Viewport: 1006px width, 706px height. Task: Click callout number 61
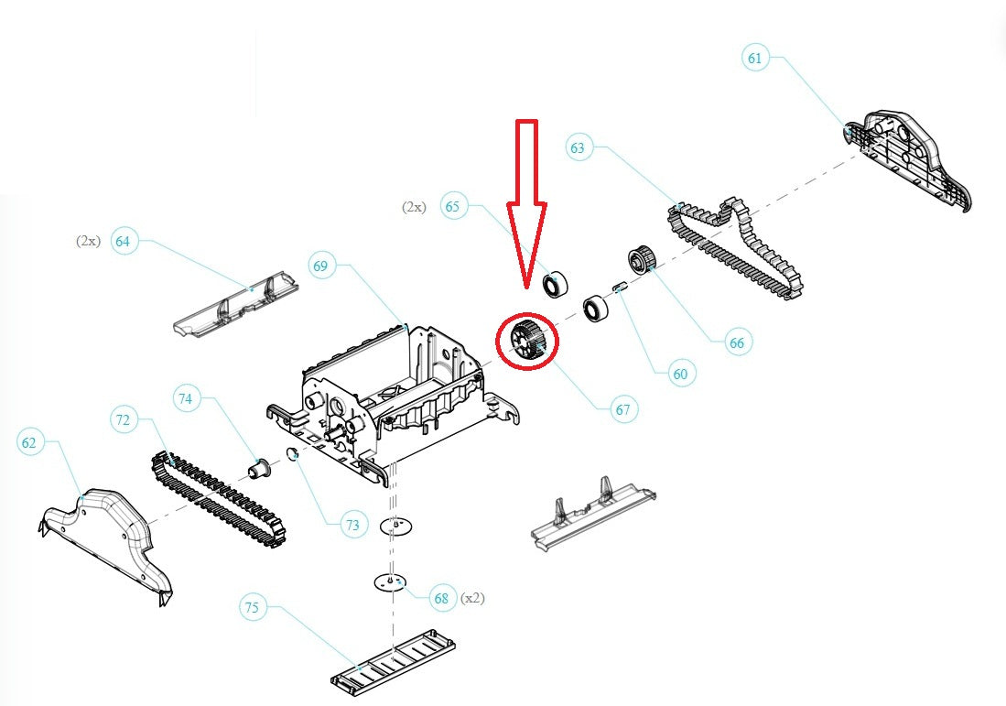[x=754, y=59]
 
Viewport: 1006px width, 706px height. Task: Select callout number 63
[x=579, y=147]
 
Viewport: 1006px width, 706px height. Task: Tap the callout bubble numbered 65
[x=452, y=206]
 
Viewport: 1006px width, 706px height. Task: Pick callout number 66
[x=737, y=343]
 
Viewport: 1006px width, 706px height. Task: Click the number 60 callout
[x=679, y=373]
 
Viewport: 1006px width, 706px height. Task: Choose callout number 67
[x=623, y=409]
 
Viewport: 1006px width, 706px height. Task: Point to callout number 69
[x=319, y=266]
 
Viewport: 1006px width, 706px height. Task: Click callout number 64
[x=123, y=242]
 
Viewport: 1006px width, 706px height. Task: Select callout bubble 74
[x=186, y=398]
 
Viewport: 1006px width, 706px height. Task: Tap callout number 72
[x=124, y=420]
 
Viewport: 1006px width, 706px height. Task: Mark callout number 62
[x=30, y=443]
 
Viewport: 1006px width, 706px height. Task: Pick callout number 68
[x=442, y=599]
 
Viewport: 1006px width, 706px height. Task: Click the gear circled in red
[x=526, y=340]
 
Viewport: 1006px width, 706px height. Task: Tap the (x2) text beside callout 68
[x=472, y=598]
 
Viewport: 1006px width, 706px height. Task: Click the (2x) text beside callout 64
[x=88, y=241]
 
